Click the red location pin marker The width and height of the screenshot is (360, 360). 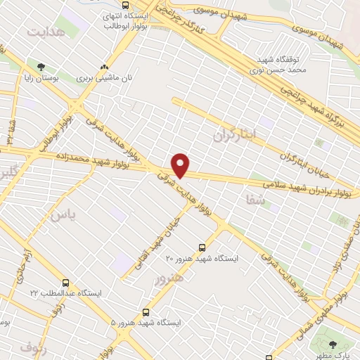(181, 165)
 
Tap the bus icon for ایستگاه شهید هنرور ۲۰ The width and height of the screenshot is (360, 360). (202, 247)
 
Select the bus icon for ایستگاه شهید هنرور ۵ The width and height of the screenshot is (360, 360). (146, 311)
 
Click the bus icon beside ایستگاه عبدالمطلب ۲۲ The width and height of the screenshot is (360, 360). (65, 283)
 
